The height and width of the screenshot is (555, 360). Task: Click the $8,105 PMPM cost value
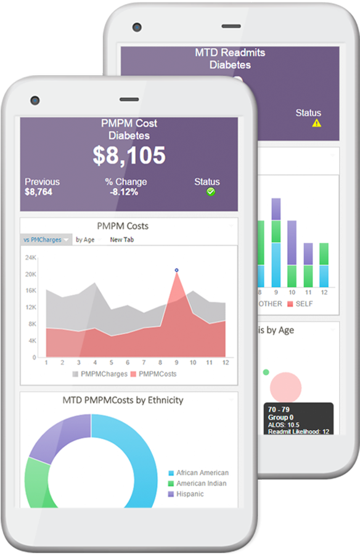[129, 156]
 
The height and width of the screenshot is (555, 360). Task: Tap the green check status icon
[211, 192]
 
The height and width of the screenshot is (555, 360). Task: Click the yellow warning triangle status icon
[316, 123]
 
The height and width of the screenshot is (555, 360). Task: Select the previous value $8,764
[38, 192]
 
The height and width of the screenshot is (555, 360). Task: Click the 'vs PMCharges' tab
[45, 240]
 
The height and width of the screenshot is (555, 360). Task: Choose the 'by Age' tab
[85, 240]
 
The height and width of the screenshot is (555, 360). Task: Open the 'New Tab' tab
[121, 240]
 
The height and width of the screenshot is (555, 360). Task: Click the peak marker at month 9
[176, 270]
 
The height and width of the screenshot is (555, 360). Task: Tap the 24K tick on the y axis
[30, 257]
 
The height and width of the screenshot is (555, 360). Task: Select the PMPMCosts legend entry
[153, 374]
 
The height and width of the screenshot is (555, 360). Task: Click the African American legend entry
[198, 472]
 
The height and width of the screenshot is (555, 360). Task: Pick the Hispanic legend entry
[189, 494]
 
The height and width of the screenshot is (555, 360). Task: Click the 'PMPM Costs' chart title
[122, 226]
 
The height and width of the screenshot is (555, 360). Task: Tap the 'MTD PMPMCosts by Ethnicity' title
[123, 400]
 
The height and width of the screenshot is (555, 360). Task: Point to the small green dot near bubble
[266, 372]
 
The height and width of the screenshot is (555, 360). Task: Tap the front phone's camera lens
[35, 100]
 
